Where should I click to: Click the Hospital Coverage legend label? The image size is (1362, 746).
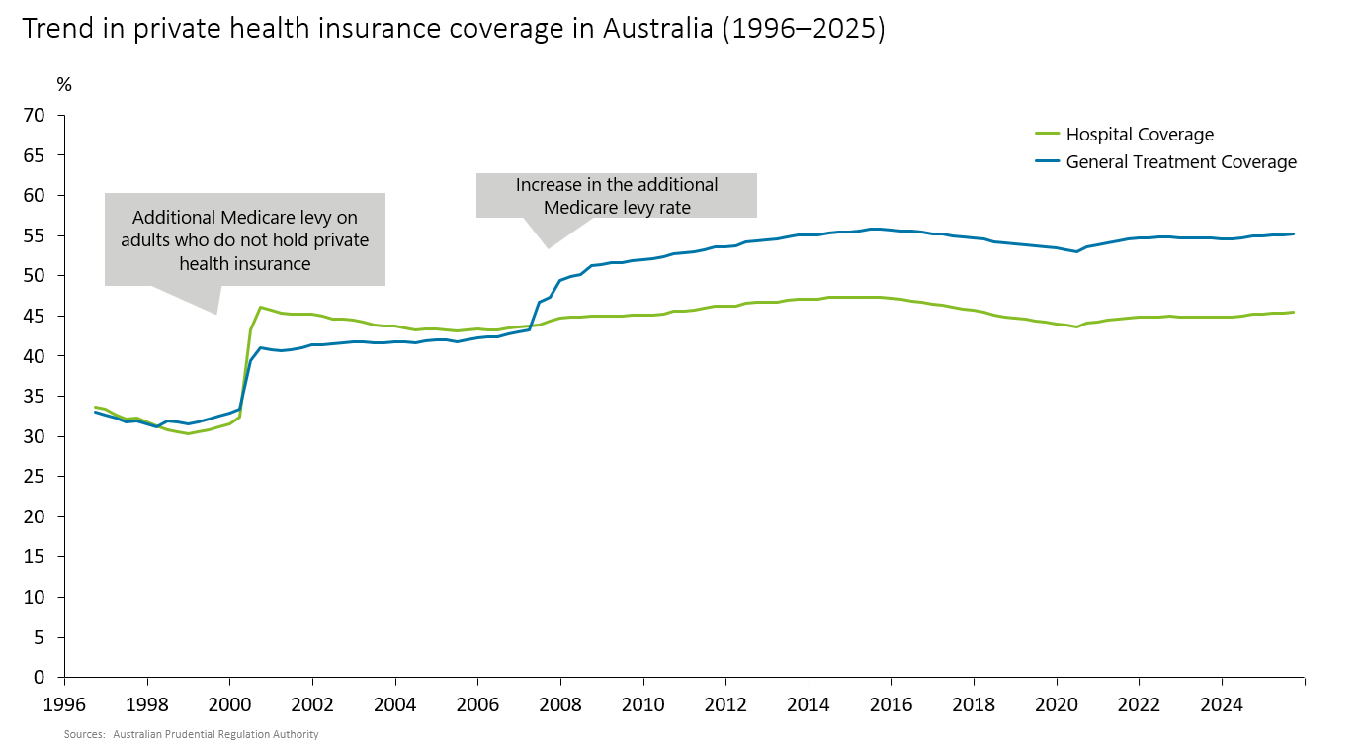[1140, 135]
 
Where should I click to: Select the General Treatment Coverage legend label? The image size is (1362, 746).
[1181, 162]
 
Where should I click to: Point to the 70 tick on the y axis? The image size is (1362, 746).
[36, 116]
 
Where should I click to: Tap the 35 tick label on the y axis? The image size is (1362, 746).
[36, 397]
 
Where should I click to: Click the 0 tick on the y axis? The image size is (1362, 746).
[40, 678]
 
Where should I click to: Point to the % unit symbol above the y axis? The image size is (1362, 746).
[64, 85]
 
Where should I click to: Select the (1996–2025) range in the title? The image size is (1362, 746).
[804, 30]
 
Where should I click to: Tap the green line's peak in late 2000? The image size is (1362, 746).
[260, 307]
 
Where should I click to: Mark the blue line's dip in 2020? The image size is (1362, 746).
[1076, 251]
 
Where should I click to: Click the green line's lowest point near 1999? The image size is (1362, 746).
[188, 433]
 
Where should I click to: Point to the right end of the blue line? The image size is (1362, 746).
[1294, 234]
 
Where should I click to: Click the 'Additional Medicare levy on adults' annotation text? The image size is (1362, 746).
[244, 240]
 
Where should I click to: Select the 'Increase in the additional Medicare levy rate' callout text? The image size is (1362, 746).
[617, 196]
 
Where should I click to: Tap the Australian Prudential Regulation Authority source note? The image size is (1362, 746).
[215, 735]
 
